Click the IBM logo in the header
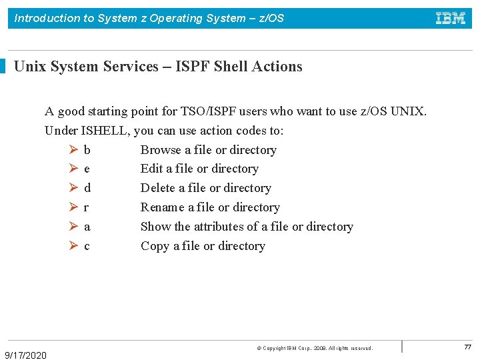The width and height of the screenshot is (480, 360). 451,18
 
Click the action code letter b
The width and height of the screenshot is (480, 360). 87,150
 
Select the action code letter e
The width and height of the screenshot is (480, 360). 87,169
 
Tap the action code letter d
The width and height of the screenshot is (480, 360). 87,188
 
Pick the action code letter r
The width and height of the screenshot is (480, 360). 87,207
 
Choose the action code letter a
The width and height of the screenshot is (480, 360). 87,227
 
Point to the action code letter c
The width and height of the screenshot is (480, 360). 87,246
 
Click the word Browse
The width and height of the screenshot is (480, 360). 161,150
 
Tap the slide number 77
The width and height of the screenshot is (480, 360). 467,347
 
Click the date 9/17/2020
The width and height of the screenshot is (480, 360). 26,355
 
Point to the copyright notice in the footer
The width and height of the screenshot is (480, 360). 315,349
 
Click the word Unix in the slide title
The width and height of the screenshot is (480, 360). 29,67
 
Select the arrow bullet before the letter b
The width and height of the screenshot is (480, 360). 73,150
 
